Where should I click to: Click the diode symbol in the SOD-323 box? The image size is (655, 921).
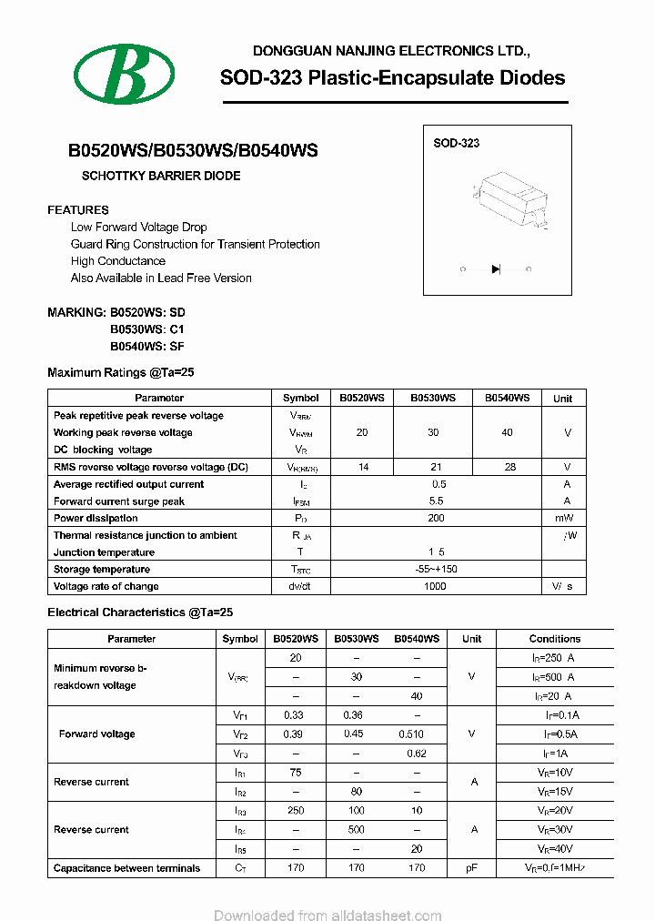tap(496, 268)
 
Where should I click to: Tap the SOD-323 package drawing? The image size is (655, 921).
tap(511, 202)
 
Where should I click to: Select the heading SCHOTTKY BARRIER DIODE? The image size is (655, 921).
tap(161, 176)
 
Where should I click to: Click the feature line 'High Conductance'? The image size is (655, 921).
tap(118, 261)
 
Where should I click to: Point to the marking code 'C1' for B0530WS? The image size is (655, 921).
tap(176, 329)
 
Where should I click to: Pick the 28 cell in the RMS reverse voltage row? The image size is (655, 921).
tap(509, 467)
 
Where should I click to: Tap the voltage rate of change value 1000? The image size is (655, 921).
tap(436, 586)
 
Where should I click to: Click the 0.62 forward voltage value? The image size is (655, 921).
tap(417, 754)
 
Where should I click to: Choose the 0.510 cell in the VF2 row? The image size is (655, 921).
tap(412, 734)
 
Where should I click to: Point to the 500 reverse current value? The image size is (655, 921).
tap(357, 830)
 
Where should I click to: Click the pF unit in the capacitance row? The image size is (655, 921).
tap(471, 868)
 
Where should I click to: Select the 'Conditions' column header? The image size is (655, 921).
tap(554, 639)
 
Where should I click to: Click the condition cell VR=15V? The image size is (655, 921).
tap(554, 792)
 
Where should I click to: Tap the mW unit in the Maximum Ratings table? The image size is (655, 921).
tap(564, 518)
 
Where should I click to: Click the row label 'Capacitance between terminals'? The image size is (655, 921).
tap(127, 868)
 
